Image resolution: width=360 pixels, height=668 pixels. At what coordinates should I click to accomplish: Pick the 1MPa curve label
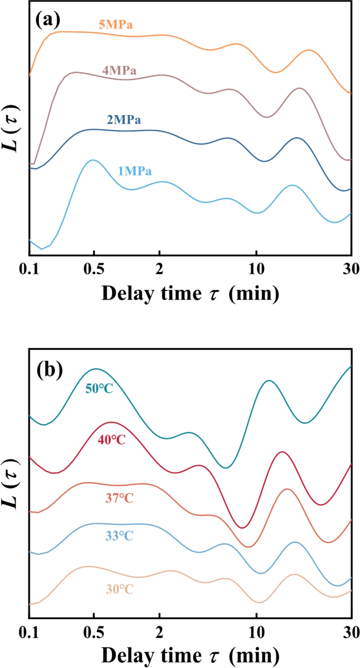pyautogui.click(x=135, y=171)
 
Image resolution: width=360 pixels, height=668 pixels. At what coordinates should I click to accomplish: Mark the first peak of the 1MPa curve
pyautogui.click(x=93, y=160)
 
